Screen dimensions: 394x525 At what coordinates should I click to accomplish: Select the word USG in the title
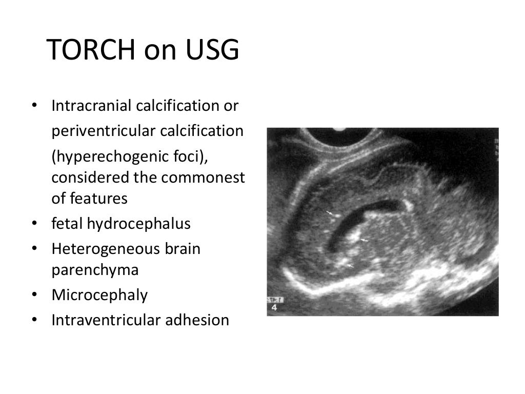[213, 51]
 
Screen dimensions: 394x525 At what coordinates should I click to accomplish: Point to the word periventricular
[104, 131]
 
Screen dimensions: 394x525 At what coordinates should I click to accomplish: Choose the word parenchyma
[95, 270]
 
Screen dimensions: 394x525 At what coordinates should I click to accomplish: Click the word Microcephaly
[99, 295]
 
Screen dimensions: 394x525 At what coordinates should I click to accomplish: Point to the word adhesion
[198, 320]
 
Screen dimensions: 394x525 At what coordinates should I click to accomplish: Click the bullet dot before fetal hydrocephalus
[34, 224]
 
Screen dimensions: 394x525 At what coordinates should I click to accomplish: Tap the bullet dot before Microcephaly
[34, 295]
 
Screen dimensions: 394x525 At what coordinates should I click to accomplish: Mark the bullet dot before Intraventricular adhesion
[34, 320]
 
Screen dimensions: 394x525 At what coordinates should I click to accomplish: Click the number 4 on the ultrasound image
[274, 308]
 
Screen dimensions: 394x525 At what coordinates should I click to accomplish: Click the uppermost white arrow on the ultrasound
[330, 212]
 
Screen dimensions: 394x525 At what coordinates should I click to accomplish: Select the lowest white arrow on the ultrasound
[350, 265]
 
